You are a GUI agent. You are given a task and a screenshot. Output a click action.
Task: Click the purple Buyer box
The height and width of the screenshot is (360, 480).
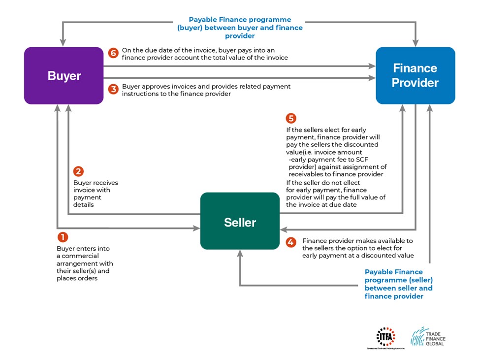tap(64, 76)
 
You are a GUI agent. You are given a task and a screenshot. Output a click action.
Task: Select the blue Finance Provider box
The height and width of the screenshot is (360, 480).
tap(415, 75)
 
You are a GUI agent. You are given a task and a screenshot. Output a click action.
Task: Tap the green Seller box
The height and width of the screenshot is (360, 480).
tap(240, 222)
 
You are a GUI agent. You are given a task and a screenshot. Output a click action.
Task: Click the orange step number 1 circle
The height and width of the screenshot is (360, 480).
tap(63, 237)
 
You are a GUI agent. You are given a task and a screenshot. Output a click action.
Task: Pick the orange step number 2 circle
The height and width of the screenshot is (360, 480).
tap(78, 171)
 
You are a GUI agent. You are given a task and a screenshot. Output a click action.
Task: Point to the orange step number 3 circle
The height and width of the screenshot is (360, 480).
tap(113, 89)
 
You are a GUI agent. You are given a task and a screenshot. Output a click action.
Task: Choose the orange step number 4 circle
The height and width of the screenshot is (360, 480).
tap(291, 242)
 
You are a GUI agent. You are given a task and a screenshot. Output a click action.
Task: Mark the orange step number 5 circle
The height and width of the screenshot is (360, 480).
tap(291, 119)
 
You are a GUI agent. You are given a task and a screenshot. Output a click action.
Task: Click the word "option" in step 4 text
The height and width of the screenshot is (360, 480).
tap(349, 248)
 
